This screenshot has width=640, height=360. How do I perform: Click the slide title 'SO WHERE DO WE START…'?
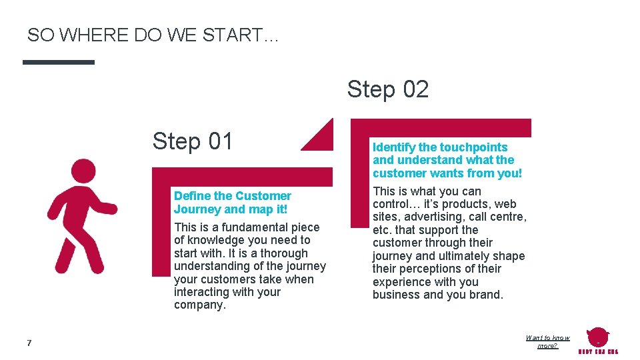click(153, 35)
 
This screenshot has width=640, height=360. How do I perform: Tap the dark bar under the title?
click(59, 62)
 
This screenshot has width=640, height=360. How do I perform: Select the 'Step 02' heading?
click(387, 89)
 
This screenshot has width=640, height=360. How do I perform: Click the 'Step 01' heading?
click(193, 141)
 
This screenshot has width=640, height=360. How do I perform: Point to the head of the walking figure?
click(83, 171)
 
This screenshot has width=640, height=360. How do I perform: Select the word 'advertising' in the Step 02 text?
click(432, 217)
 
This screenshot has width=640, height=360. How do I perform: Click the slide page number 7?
click(29, 343)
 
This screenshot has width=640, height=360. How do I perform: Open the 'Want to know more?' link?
click(547, 342)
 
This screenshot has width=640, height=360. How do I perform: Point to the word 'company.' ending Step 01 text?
click(200, 305)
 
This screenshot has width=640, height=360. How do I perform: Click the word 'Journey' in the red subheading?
click(197, 209)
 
